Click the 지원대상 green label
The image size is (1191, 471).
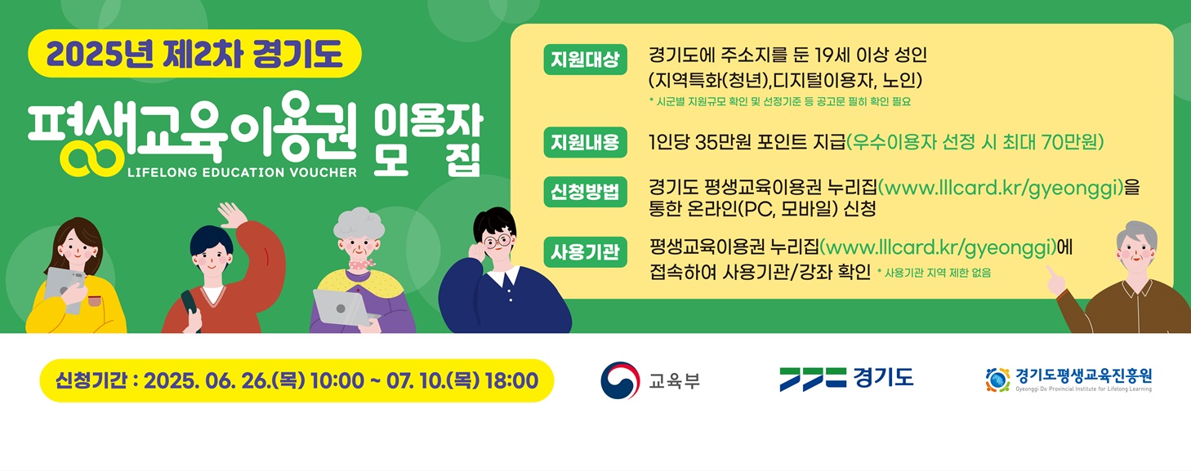(x=585, y=60)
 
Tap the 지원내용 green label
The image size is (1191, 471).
(x=585, y=143)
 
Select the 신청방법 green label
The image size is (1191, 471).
(x=585, y=192)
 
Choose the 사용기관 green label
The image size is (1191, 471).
(x=585, y=252)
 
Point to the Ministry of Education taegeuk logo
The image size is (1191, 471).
(x=620, y=380)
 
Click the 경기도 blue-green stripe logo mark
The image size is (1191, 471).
(x=813, y=379)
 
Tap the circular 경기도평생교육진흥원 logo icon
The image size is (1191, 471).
(x=997, y=380)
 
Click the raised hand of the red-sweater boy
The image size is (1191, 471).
(x=232, y=214)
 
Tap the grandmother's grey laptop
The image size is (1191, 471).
(x=343, y=307)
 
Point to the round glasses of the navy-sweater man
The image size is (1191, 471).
(x=497, y=242)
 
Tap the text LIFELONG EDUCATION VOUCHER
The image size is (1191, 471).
(x=242, y=172)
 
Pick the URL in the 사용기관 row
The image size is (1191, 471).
(x=938, y=247)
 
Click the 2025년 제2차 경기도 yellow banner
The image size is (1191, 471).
(x=194, y=54)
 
